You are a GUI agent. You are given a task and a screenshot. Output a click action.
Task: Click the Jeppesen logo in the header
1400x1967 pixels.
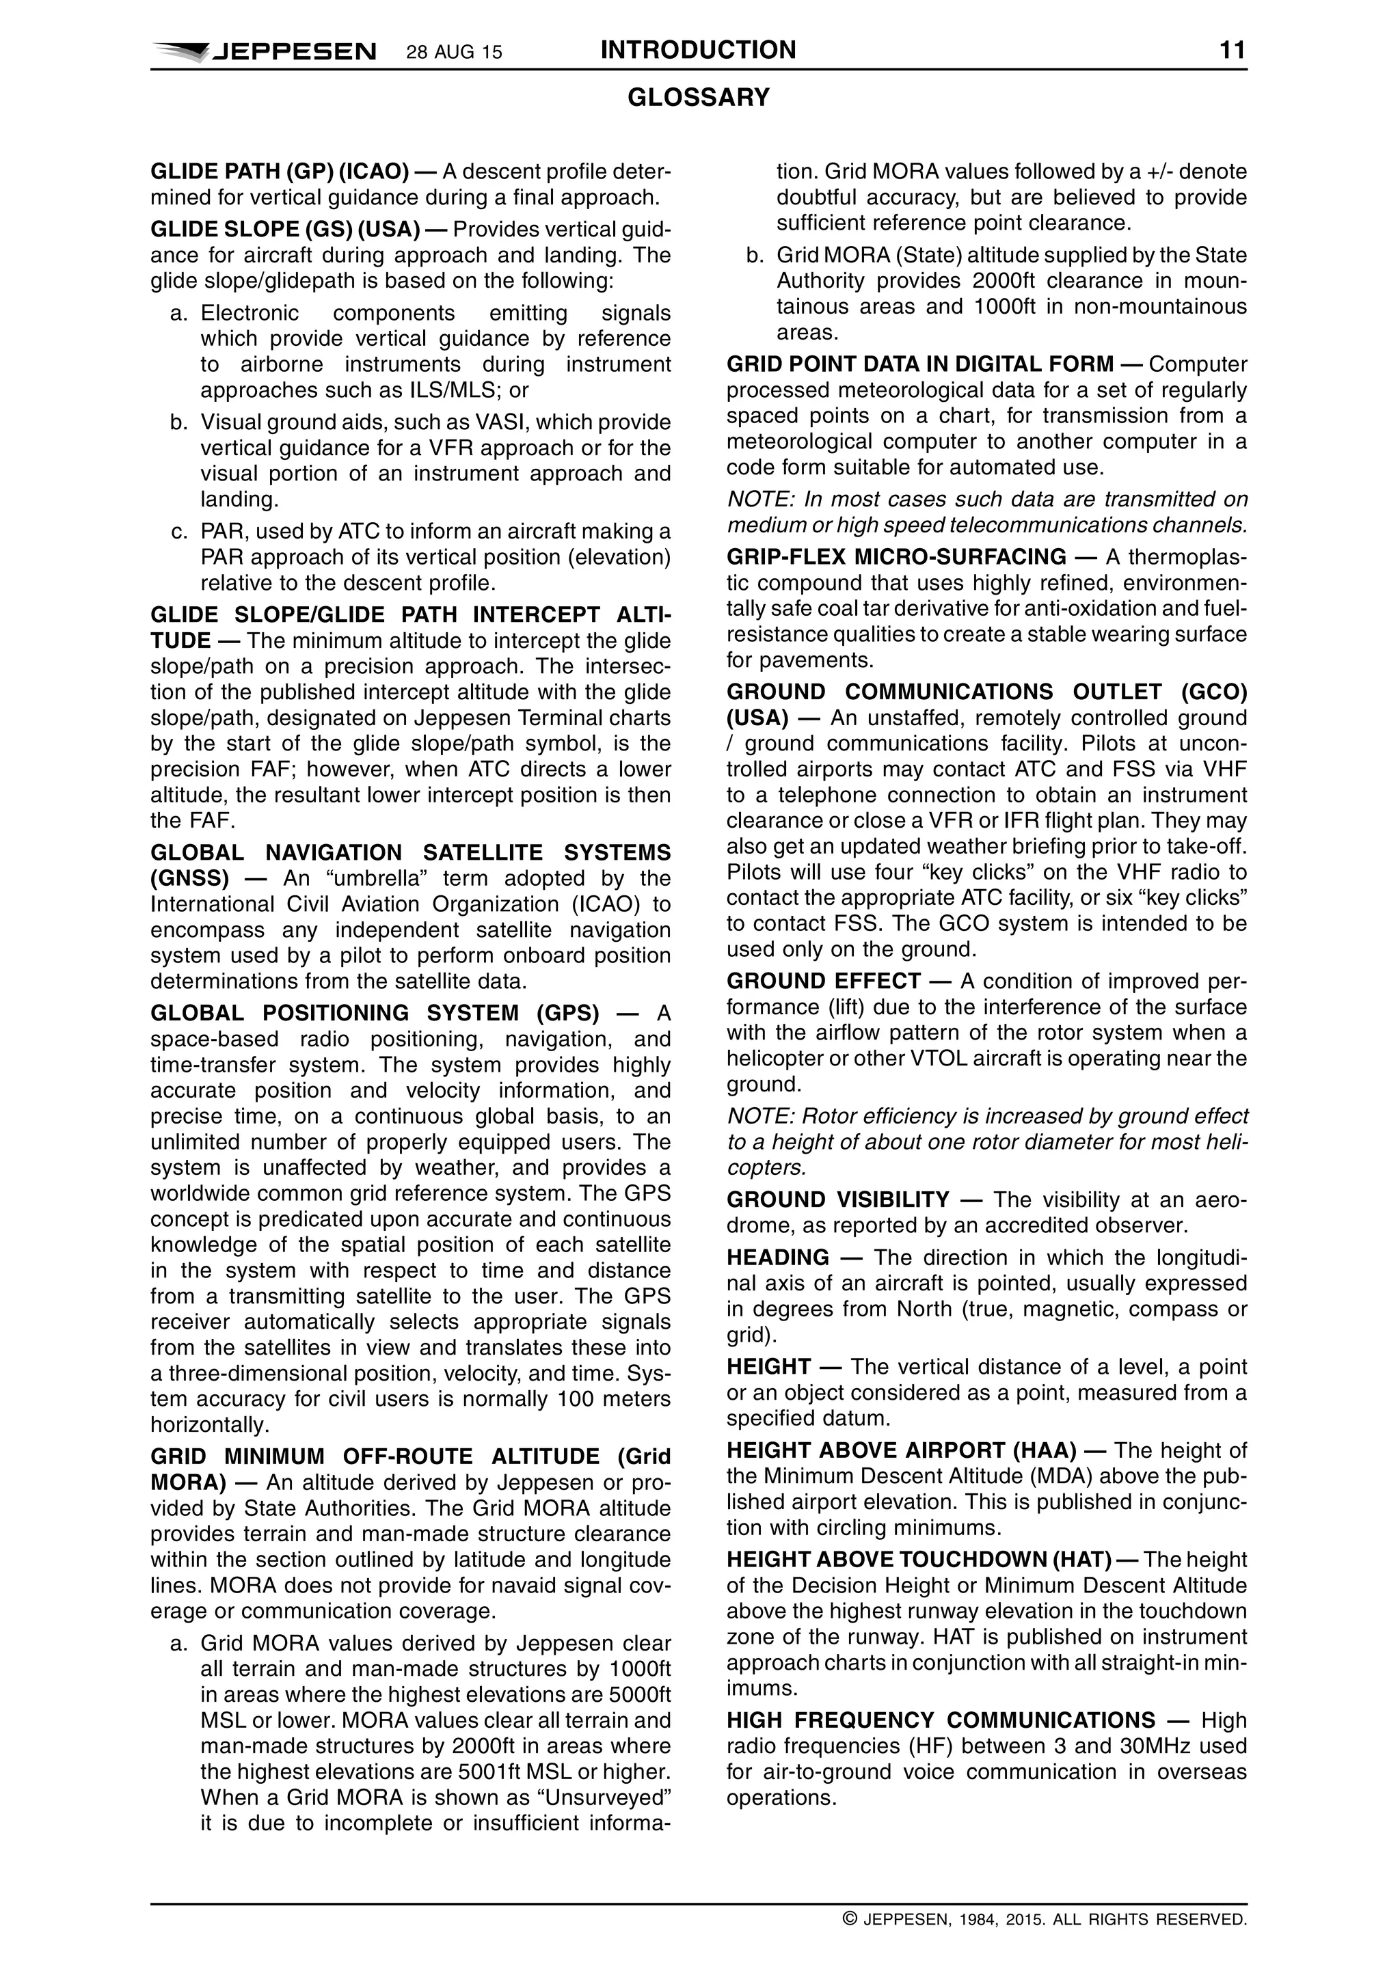point(264,52)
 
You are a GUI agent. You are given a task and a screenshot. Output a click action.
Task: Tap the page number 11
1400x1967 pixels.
point(1232,50)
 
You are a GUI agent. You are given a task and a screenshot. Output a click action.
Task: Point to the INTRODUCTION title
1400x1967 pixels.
point(698,50)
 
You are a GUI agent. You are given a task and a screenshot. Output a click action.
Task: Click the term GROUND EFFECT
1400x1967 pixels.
point(823,981)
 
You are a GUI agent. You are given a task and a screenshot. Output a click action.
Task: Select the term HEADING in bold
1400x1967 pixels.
point(777,1258)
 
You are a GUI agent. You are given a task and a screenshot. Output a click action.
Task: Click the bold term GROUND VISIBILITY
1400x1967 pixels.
point(837,1200)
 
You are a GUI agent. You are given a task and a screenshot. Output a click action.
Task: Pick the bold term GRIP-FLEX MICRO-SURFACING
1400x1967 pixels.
point(896,557)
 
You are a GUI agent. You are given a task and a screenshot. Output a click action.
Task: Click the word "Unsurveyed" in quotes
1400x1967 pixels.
point(608,1798)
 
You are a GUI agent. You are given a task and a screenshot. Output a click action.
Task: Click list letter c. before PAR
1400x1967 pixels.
point(179,532)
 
